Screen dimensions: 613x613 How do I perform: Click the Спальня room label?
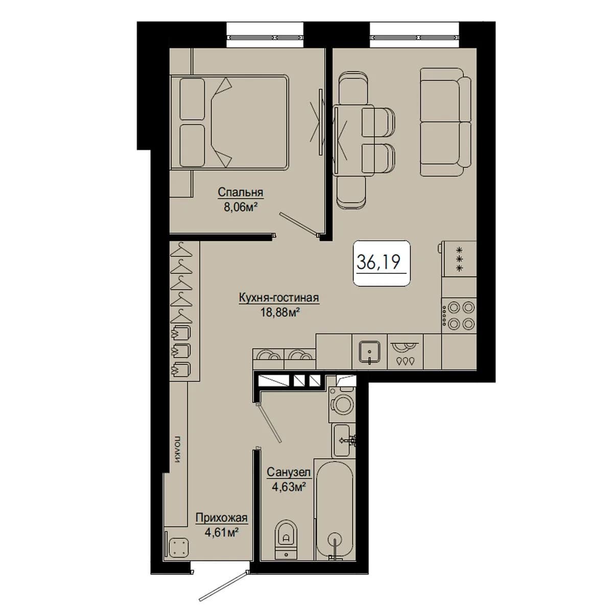(240, 193)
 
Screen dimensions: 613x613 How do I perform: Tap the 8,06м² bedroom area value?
(240, 207)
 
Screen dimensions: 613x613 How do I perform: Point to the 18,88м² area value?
(280, 313)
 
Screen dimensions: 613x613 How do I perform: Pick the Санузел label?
(289, 472)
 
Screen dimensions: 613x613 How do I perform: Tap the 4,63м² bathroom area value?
(289, 487)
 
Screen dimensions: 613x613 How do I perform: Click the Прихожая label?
(221, 518)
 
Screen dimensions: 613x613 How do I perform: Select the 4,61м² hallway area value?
(222, 532)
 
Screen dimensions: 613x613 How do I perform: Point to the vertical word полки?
(177, 450)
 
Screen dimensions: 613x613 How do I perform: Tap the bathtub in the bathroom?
(336, 509)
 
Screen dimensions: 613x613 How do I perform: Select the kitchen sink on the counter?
(369, 352)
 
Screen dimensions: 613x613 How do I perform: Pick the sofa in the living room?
(445, 122)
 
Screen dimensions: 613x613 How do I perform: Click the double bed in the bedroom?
(229, 122)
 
